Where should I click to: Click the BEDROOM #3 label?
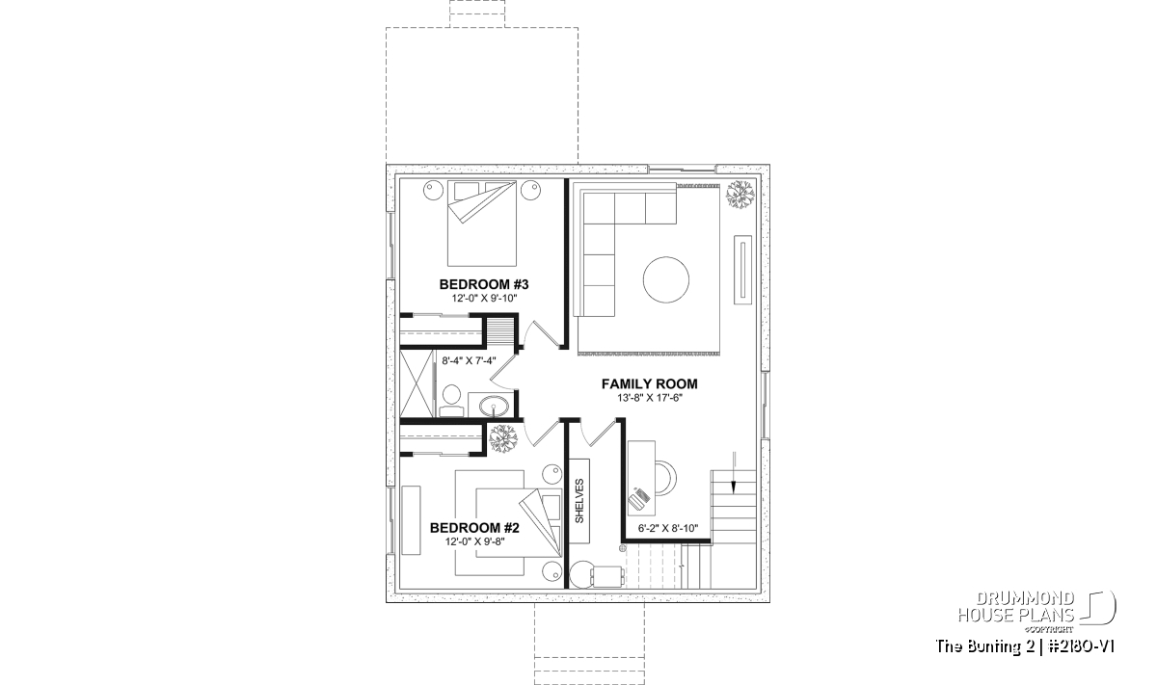(483, 284)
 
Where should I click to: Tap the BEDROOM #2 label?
(474, 528)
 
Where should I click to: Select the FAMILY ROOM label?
(649, 384)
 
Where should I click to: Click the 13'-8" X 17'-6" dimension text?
(650, 398)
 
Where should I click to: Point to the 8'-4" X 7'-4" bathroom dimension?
(469, 361)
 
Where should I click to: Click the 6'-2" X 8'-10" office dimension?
(668, 528)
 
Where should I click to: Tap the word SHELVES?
(579, 501)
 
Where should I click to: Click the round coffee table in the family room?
(666, 279)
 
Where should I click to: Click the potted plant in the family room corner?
(740, 195)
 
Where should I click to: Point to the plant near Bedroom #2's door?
(503, 438)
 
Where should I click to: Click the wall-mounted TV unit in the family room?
(743, 270)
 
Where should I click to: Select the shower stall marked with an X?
(417, 383)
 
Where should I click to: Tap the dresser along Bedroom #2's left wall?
(411, 520)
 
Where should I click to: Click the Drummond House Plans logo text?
(1016, 607)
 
